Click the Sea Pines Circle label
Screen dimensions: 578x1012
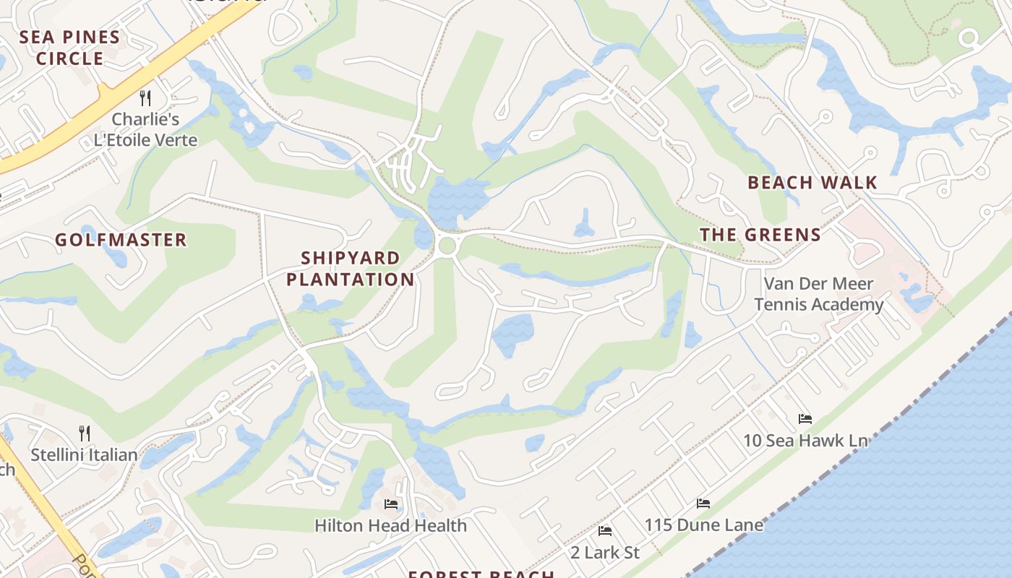(x=69, y=48)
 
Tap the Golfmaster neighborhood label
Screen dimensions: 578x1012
(x=121, y=240)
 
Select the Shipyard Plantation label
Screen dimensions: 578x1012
(x=351, y=268)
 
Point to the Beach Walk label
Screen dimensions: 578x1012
(x=812, y=183)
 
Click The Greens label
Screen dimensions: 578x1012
(x=760, y=235)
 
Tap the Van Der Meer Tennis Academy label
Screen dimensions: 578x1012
(x=819, y=293)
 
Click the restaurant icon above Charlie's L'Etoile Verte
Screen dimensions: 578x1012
(x=145, y=98)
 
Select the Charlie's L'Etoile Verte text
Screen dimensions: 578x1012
(x=145, y=129)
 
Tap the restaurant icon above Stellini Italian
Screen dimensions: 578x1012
(x=85, y=433)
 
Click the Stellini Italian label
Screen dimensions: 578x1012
(x=84, y=454)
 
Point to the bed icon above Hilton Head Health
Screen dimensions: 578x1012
(x=391, y=504)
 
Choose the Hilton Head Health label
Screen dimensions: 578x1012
(x=390, y=525)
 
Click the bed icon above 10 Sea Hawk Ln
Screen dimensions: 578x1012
(x=805, y=419)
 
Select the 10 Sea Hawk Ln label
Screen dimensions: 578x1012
(x=805, y=440)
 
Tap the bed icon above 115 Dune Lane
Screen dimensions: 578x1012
(x=703, y=504)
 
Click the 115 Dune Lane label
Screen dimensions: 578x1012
(x=703, y=525)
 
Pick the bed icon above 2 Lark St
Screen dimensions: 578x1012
(x=605, y=531)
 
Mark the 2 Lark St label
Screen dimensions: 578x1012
(x=605, y=553)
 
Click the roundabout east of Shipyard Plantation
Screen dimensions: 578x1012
(x=447, y=246)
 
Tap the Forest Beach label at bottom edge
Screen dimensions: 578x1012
(x=481, y=574)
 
